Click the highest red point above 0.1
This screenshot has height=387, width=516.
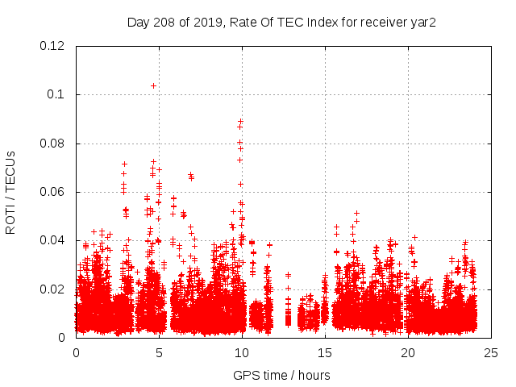153,85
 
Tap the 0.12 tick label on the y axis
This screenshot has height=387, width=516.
52,46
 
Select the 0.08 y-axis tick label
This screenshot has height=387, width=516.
52,144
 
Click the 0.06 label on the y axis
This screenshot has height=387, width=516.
52,192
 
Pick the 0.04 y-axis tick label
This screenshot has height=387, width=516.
52,240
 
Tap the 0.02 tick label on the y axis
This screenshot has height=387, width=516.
52,289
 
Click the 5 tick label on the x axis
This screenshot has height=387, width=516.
159,353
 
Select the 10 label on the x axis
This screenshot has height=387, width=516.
242,353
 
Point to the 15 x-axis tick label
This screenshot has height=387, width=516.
325,353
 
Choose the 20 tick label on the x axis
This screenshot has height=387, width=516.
408,353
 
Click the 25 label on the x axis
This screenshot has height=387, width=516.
491,353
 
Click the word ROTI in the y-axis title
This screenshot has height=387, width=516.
10,218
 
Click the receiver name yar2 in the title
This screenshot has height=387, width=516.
425,22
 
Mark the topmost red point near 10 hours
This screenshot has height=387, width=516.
240,122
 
